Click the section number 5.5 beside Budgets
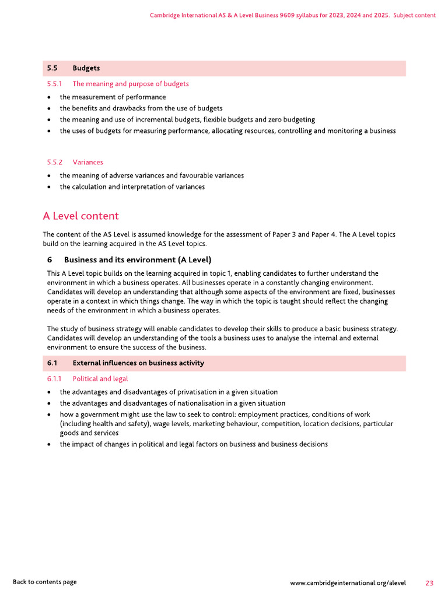coord(52,68)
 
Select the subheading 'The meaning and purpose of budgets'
coord(131,84)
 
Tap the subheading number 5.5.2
coord(55,162)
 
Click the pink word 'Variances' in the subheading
coord(88,162)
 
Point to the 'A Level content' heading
coord(80,216)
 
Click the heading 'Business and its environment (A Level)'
coord(137,259)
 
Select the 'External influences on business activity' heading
coord(138,363)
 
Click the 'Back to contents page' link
coord(45,582)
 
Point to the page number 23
coord(429,583)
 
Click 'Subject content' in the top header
coord(414,15)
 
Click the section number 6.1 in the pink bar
coord(52,363)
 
